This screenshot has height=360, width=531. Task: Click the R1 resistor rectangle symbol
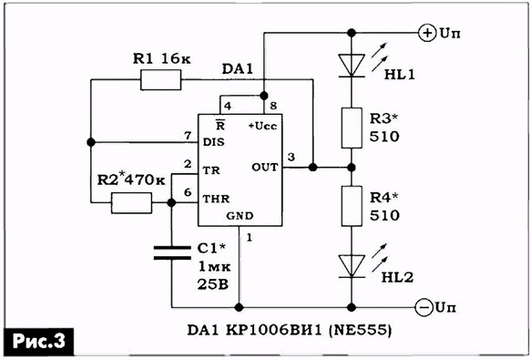point(160,80)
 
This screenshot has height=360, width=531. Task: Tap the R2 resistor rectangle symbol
point(131,203)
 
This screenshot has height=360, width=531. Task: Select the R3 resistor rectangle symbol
point(352,129)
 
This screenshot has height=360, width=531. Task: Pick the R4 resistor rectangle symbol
point(352,206)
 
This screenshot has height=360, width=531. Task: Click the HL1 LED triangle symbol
point(352,66)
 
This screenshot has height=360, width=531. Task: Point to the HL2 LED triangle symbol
point(352,266)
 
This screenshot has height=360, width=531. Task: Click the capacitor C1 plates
point(172,252)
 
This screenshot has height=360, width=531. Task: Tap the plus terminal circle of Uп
point(427,33)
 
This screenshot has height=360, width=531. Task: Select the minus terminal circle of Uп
point(424,308)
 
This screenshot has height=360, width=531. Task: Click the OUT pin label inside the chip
point(264,167)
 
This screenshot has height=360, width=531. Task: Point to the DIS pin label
point(213,142)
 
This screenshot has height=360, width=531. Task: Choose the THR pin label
point(216,199)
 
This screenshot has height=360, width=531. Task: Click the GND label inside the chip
point(240,216)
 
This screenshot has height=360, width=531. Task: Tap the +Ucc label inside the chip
point(263,126)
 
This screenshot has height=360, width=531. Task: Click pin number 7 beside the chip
point(188,136)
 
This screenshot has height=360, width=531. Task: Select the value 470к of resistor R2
point(145,180)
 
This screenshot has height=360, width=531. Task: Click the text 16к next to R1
point(176,58)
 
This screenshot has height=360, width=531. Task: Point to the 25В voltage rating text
point(213,284)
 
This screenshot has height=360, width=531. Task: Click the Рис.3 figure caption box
point(39,342)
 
